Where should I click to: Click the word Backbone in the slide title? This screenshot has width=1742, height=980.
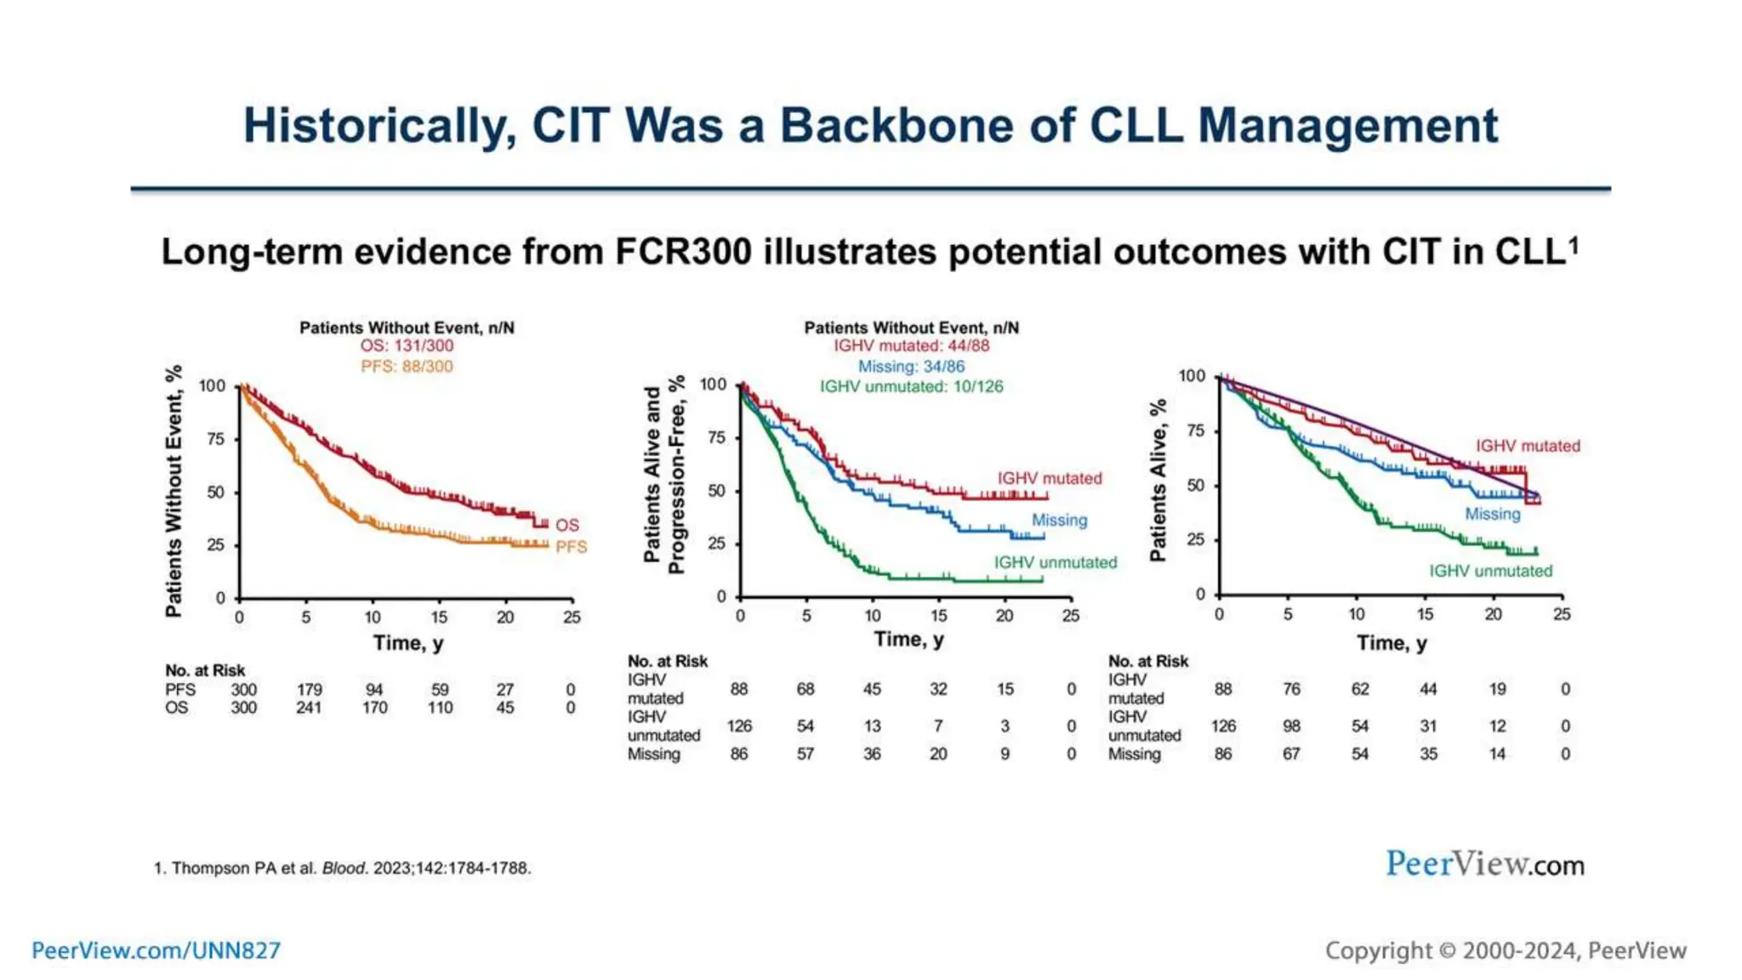point(897,126)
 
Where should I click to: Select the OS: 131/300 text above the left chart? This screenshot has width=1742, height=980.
point(407,345)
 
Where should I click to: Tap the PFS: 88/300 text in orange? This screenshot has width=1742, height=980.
point(407,367)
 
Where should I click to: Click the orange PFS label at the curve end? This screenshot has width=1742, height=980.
point(571,547)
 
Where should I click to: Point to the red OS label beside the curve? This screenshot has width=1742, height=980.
point(566,525)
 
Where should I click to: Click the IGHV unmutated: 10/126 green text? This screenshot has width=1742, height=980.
point(911,386)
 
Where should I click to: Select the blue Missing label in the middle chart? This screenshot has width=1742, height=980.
point(1059,520)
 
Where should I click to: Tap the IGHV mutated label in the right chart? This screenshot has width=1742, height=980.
point(1528,446)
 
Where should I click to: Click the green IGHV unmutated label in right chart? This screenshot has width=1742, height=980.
point(1490,571)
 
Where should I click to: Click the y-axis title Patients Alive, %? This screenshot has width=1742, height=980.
point(1158,481)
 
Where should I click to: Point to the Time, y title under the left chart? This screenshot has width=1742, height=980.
point(408,643)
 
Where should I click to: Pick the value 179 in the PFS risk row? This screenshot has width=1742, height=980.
point(310,689)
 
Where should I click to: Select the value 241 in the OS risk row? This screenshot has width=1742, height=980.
point(309,708)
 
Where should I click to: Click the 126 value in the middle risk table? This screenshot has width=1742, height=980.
point(739,726)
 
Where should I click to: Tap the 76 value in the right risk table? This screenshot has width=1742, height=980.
point(1291,689)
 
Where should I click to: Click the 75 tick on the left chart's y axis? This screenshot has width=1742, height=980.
point(216,439)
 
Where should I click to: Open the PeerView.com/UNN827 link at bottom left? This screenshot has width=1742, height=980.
point(156,950)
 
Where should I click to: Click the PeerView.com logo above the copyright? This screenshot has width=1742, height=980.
point(1484,864)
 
